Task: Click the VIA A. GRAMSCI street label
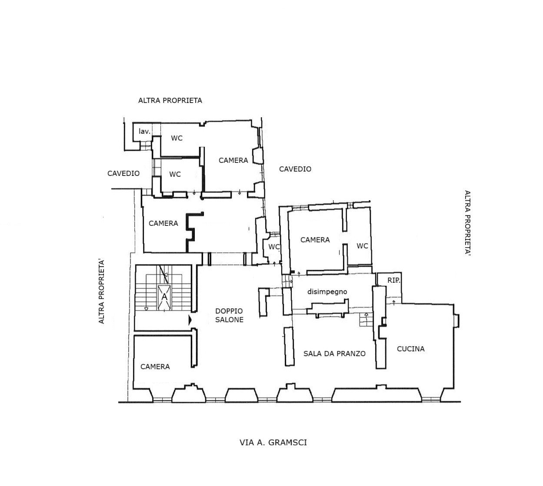point(273,443)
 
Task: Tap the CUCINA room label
point(410,349)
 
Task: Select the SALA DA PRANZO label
point(334,354)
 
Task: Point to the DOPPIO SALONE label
point(229,315)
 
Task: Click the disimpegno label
point(327,292)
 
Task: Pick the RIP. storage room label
point(394,281)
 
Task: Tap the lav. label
point(144,131)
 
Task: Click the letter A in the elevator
point(164,297)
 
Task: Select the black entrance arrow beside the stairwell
point(190,320)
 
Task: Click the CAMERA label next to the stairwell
point(163,223)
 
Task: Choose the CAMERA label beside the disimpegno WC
point(315,240)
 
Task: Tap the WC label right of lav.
point(177,138)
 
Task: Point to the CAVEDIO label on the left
point(123,174)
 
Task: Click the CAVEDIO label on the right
point(295,169)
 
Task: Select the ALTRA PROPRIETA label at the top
point(170,100)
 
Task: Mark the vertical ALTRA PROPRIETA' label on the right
point(467,223)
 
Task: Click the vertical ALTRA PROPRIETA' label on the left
point(101,291)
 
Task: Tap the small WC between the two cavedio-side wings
point(274,247)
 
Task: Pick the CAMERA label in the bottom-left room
point(155,367)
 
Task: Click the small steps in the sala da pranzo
point(366,320)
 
